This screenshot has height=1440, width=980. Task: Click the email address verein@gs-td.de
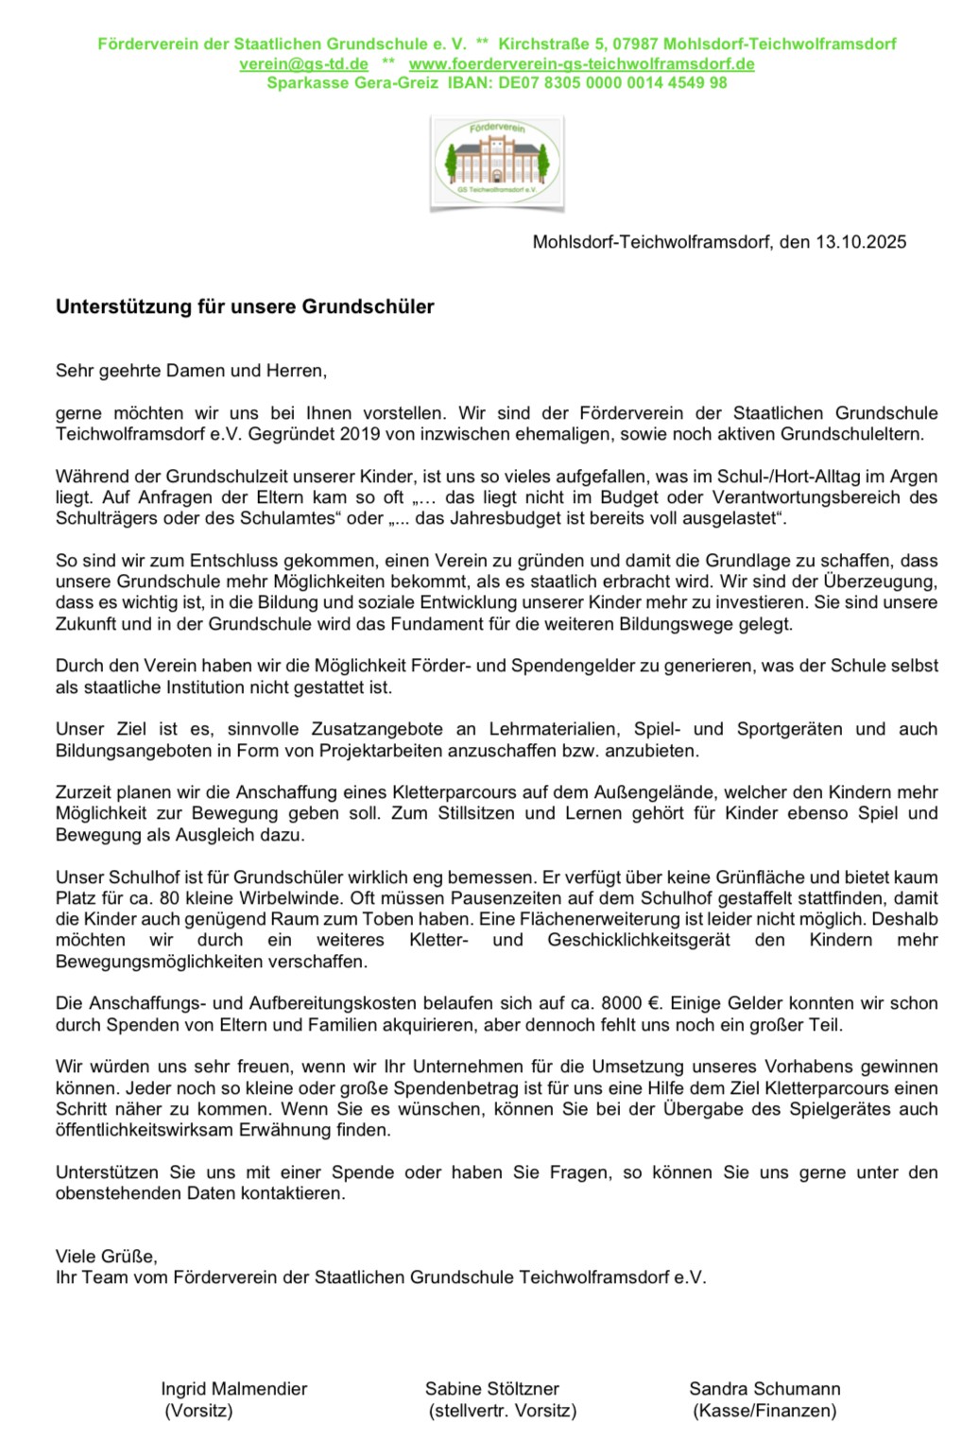pyautogui.click(x=303, y=63)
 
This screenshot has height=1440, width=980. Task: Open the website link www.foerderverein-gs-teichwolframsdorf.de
pyautogui.click(x=581, y=63)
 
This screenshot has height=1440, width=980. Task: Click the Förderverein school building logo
pyautogui.click(x=497, y=162)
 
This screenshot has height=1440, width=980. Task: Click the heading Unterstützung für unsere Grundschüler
pyautogui.click(x=245, y=306)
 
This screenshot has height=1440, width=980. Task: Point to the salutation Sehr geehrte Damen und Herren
pyautogui.click(x=191, y=371)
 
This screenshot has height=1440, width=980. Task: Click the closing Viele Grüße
pyautogui.click(x=106, y=1257)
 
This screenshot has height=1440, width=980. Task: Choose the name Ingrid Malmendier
pyautogui.click(x=234, y=1389)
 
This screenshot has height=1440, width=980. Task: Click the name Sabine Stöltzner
pyautogui.click(x=491, y=1389)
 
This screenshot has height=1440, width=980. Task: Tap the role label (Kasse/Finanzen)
pyautogui.click(x=764, y=1411)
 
